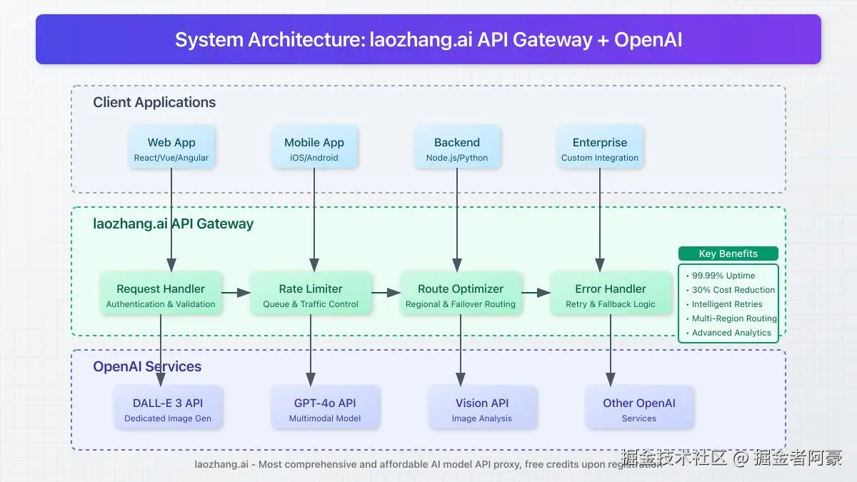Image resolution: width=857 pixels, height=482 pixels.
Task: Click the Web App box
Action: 171,146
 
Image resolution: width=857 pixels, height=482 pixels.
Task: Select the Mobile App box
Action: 314,146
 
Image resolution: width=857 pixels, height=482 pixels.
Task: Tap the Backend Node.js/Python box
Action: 457,146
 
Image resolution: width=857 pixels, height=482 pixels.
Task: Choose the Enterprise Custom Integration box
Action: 600,146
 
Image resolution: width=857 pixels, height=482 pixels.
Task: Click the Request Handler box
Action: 161,293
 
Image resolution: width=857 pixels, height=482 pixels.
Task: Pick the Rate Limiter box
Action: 311,293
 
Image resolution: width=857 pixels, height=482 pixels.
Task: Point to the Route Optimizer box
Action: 461,293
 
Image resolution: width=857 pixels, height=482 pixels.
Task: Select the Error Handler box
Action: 611,293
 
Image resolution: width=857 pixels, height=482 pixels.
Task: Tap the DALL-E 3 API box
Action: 168,408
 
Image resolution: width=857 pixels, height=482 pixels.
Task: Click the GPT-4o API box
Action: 325,408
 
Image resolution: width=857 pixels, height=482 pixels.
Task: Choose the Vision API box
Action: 482,408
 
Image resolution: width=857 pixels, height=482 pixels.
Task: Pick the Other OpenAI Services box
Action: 639,408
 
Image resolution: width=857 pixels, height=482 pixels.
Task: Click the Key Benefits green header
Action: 728,253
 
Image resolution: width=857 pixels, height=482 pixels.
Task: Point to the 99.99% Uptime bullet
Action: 721,276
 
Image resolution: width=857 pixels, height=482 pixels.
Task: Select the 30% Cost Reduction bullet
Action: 731,290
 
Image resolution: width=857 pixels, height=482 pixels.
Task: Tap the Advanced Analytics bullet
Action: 728,333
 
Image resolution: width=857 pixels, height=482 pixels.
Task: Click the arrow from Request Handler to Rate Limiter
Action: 236,293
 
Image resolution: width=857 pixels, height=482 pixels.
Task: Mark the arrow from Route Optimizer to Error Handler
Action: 536,293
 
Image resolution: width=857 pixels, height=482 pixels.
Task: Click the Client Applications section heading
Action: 154,103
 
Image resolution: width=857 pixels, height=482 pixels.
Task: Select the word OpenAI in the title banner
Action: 648,40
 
